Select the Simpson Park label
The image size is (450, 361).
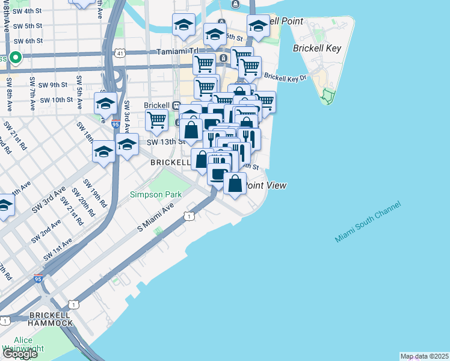(156, 194)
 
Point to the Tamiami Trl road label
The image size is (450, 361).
(177, 52)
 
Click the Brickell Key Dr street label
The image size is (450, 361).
(285, 78)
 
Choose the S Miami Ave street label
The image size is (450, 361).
(156, 218)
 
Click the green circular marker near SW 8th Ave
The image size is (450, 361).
(15, 58)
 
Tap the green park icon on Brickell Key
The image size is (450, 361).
(327, 94)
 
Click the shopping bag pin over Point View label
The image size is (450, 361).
(235, 182)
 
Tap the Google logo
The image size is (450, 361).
(19, 354)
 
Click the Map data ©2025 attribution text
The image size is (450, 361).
(424, 356)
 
